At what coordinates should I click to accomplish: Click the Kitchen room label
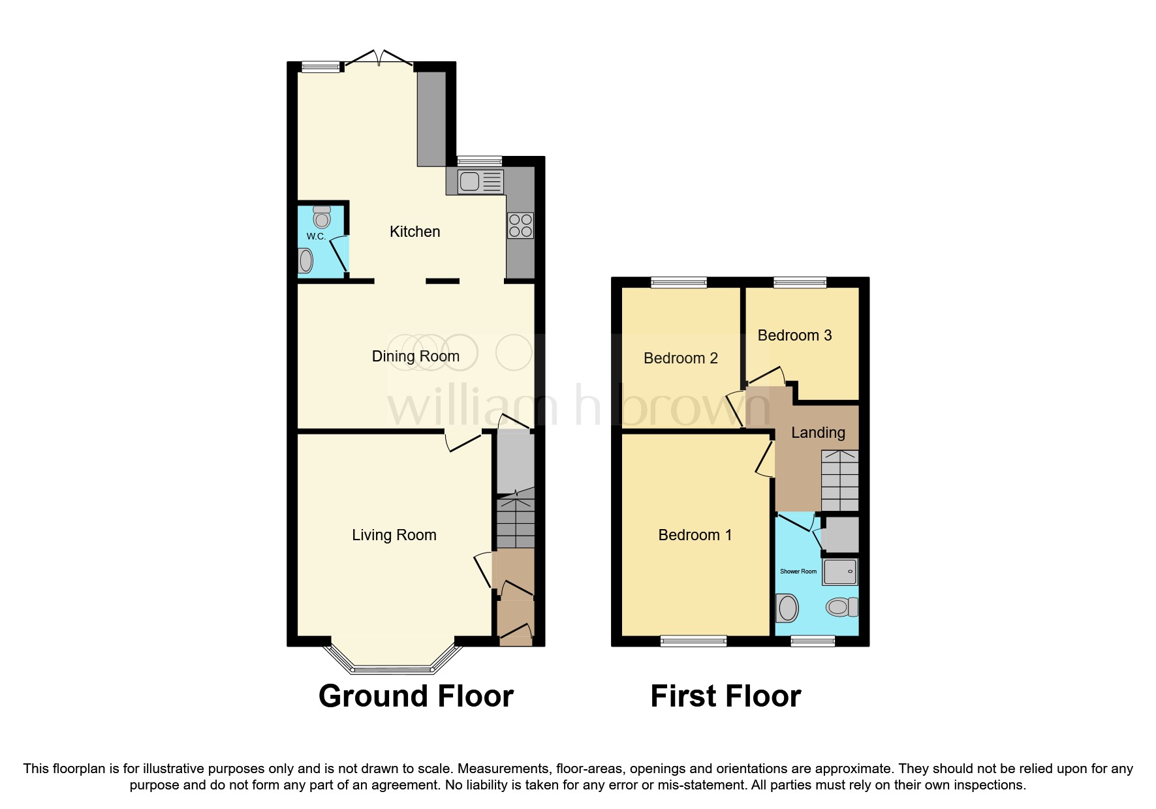click(414, 232)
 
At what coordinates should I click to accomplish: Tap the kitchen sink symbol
click(480, 181)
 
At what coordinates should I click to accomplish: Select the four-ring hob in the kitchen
click(520, 226)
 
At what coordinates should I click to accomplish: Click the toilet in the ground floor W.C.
click(322, 217)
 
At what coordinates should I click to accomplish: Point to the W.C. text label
click(316, 236)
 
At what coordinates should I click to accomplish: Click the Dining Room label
click(415, 356)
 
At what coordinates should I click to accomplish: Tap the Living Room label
click(394, 535)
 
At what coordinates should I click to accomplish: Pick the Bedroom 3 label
click(794, 335)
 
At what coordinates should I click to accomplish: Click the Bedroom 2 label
click(680, 358)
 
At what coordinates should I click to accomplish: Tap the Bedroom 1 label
click(695, 535)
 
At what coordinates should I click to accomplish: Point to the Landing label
click(818, 433)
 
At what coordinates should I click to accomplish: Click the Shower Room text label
click(798, 572)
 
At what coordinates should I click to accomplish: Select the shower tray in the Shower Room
click(840, 572)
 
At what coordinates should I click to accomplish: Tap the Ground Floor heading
click(416, 696)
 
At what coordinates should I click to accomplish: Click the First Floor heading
click(725, 696)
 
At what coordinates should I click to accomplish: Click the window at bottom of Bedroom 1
click(693, 641)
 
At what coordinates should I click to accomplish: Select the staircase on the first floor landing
click(839, 481)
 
